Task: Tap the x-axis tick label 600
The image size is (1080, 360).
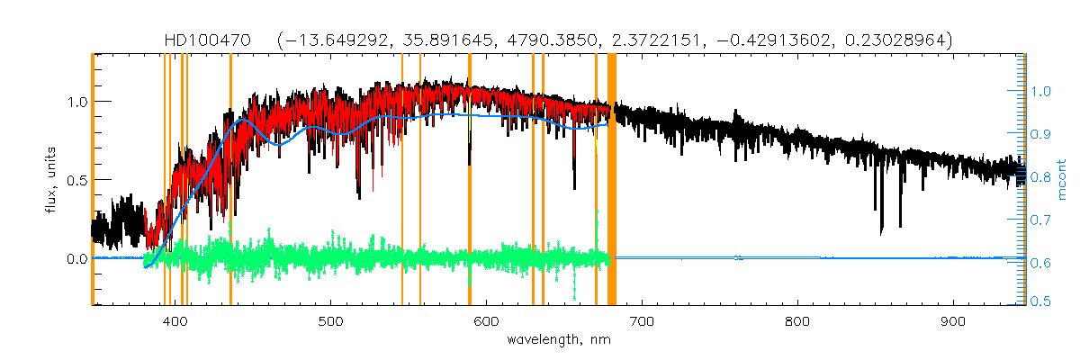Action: pos(487,320)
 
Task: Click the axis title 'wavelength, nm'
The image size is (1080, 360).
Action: pos(560,340)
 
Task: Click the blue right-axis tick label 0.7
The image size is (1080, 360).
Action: pos(1040,220)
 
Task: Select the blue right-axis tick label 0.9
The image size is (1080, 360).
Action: pos(1040,134)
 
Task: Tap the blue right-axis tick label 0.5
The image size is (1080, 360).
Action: pos(1040,303)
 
